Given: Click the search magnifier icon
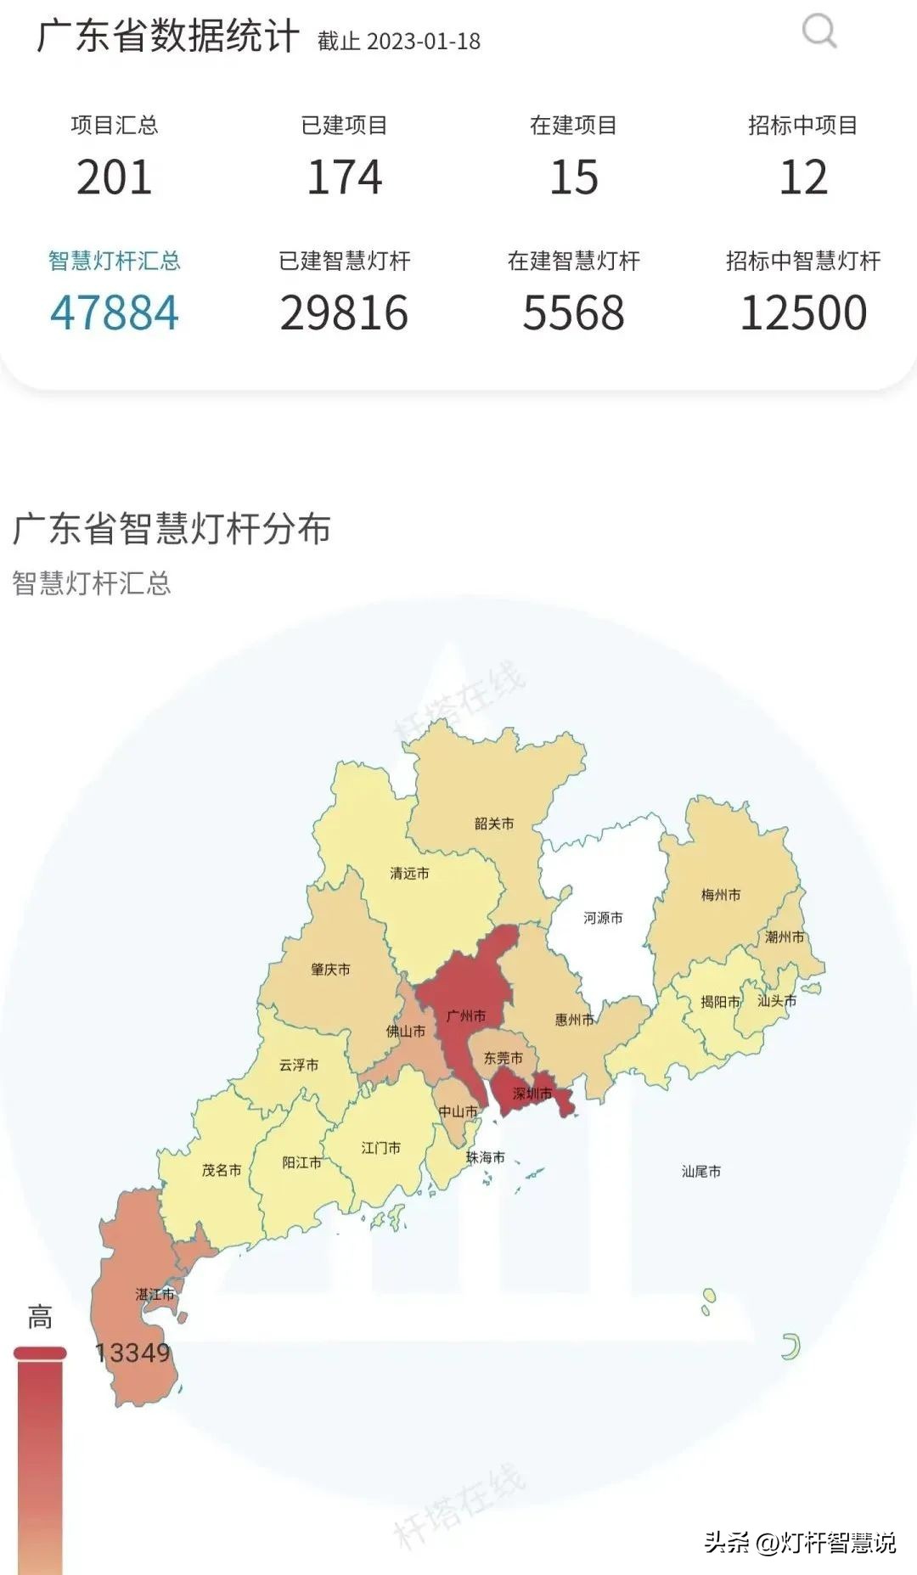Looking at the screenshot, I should click(819, 32).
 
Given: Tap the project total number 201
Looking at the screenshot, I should click(115, 177).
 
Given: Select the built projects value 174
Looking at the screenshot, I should click(344, 177).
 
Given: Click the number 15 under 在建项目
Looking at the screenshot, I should click(574, 177).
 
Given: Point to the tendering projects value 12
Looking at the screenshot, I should click(803, 177).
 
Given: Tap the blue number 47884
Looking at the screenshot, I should click(115, 312).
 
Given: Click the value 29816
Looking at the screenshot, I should click(344, 312).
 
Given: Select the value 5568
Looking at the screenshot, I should click(574, 312).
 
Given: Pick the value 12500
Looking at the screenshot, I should click(803, 312).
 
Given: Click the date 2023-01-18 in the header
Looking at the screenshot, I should click(425, 41).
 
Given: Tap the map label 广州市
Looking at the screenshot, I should click(466, 1015).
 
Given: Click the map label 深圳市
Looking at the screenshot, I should click(532, 1093).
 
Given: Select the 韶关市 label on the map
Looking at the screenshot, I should click(494, 823).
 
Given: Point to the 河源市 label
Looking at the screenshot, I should click(603, 918).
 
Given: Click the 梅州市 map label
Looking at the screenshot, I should click(721, 894).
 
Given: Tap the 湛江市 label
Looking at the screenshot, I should click(155, 1294).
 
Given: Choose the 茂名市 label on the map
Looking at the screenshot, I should click(222, 1170).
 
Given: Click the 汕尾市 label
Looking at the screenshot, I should click(701, 1171).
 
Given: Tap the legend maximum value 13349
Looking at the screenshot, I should click(132, 1353).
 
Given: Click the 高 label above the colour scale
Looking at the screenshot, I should click(40, 1318).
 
